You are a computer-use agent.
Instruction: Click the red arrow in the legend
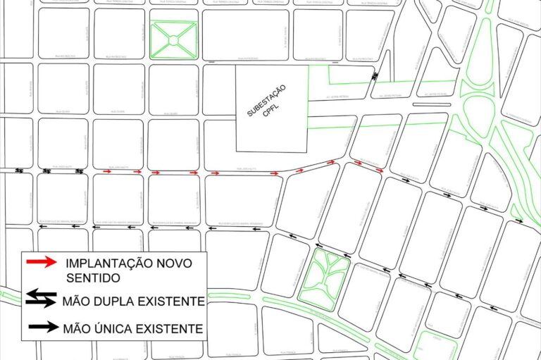(x=42, y=263)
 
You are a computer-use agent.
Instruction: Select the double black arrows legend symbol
(x=42, y=301)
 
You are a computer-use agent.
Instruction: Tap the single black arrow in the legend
(x=42, y=328)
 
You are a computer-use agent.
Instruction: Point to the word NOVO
(x=176, y=263)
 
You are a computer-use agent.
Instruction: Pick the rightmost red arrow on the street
(x=379, y=170)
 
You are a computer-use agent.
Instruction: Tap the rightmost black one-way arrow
(x=519, y=221)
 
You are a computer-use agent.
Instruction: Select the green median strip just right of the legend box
(x=240, y=295)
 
